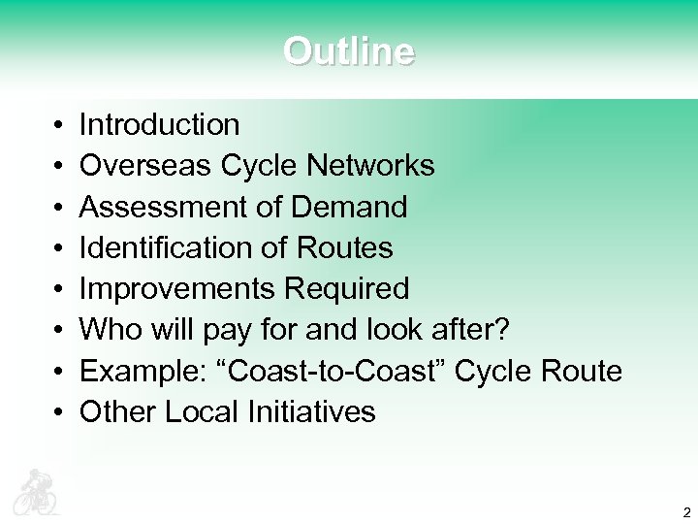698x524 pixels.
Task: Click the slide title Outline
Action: [349, 50]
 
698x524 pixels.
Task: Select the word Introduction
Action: [159, 125]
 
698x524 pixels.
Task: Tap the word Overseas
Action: [145, 166]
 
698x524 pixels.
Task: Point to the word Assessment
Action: [161, 207]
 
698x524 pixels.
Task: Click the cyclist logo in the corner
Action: [36, 492]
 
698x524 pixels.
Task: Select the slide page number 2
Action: [686, 512]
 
